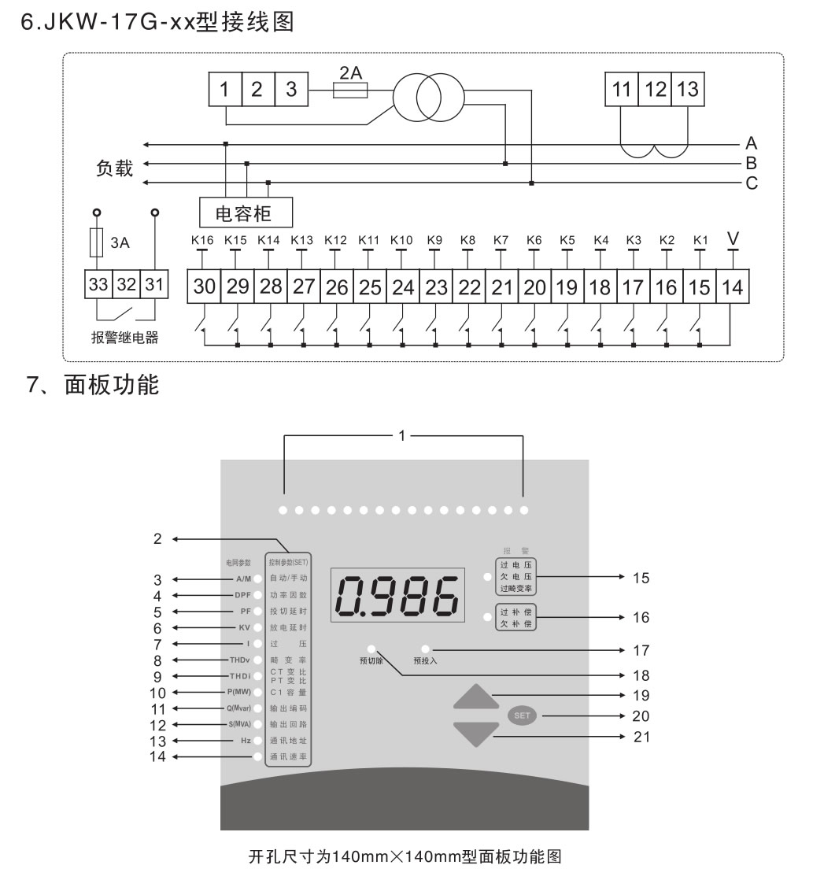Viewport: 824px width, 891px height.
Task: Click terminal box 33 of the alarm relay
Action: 98,285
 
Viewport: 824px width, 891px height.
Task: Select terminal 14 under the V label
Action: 732,287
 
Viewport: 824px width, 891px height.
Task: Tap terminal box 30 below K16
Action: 204,287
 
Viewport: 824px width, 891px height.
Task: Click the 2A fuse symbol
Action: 350,91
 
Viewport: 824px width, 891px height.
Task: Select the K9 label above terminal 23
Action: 434,239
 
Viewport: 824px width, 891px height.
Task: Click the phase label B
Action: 751,164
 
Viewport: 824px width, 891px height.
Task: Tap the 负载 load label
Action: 115,168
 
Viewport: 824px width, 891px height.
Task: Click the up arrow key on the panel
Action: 476,697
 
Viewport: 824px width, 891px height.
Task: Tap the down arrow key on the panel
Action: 476,734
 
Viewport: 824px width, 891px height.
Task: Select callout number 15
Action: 641,579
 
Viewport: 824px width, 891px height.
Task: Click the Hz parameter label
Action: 246,741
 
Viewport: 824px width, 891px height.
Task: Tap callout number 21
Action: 641,738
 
